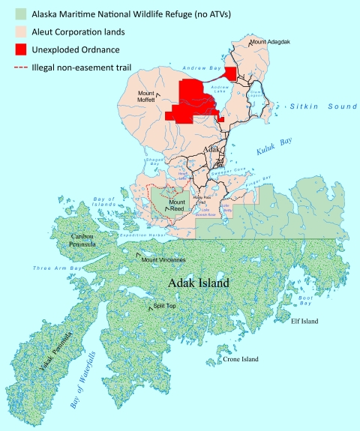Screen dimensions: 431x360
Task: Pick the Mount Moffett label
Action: pos(151,95)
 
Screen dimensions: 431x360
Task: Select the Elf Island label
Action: pos(304,321)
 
